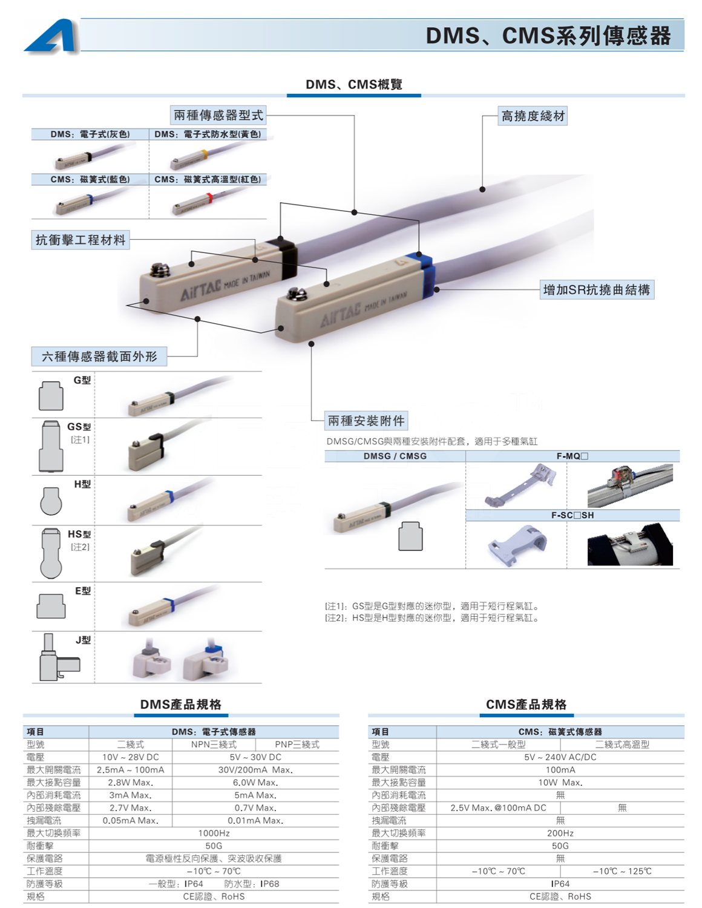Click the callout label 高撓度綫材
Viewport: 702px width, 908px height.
[x=533, y=116]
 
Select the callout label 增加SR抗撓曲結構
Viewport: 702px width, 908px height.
[x=596, y=290]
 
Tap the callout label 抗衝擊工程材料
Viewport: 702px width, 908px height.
[x=80, y=240]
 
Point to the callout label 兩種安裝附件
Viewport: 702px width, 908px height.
[x=366, y=420]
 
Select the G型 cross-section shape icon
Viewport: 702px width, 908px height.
[x=51, y=396]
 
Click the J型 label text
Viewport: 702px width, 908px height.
[x=83, y=639]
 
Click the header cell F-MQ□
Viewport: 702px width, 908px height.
[x=572, y=456]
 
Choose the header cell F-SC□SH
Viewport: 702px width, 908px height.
[x=572, y=515]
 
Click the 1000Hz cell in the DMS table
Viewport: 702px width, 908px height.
[x=214, y=833]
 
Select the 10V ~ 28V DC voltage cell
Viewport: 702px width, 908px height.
[x=130, y=757]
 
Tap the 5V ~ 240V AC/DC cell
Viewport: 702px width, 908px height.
[x=560, y=757]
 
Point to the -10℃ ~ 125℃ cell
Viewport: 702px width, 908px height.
[x=622, y=871]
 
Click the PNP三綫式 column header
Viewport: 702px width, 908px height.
[x=297, y=745]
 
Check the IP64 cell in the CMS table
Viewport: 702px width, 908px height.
[x=560, y=884]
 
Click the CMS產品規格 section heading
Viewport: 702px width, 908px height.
[x=526, y=704]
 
